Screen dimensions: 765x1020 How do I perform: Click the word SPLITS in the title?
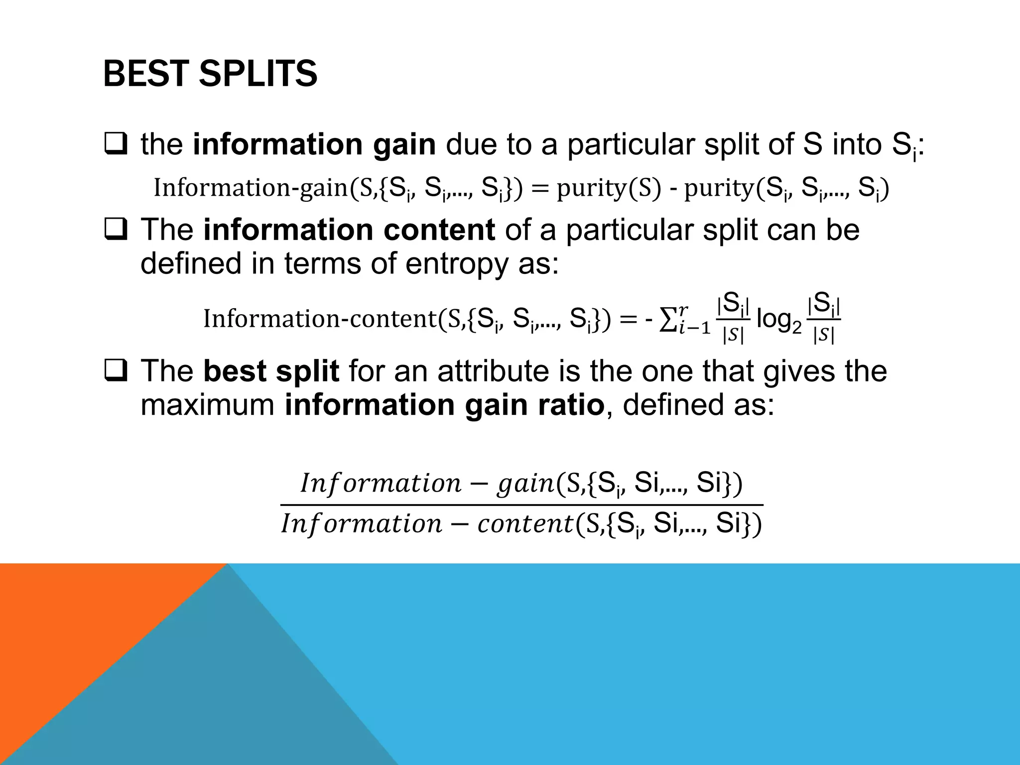[257, 74]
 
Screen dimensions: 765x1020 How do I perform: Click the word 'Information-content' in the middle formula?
[319, 319]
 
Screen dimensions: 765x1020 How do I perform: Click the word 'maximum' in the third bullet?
[207, 404]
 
